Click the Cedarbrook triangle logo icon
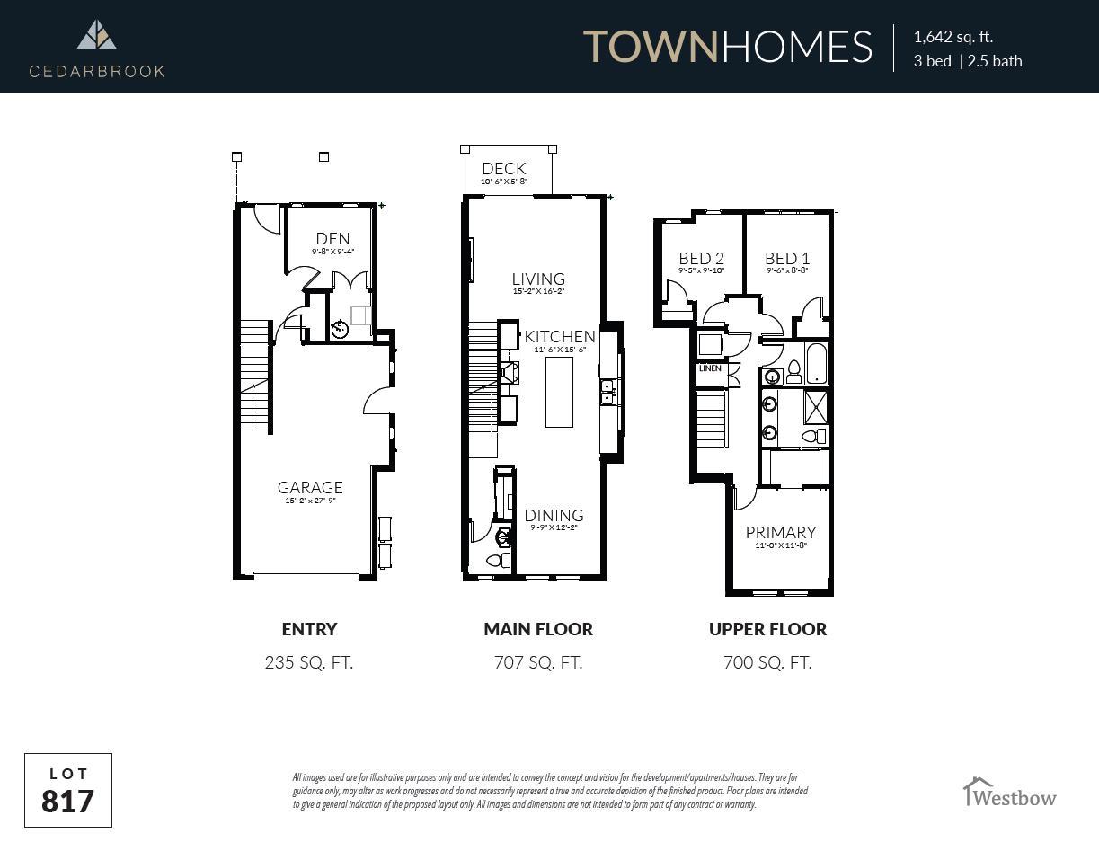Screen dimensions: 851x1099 coord(96,35)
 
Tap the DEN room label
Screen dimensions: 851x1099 coord(332,239)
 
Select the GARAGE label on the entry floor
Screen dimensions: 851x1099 coord(310,488)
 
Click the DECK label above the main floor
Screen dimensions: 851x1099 coord(504,169)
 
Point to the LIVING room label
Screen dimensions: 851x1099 coord(538,279)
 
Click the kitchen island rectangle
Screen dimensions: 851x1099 coord(559,392)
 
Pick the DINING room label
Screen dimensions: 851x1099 coord(554,515)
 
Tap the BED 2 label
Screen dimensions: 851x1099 coord(701,259)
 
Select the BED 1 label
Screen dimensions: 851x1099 coord(787,259)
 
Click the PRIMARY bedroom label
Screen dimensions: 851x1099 coord(780,532)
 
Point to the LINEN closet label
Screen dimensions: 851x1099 coord(710,368)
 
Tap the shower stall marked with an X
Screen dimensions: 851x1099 coord(816,407)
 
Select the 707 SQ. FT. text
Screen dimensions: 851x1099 coord(538,663)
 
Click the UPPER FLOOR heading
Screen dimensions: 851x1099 coord(767,629)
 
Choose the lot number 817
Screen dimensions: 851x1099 coord(68,800)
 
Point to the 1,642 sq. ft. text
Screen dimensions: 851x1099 coord(953,37)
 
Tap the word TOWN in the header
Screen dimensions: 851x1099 coord(651,47)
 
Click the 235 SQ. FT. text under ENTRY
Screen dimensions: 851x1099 coord(309,663)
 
